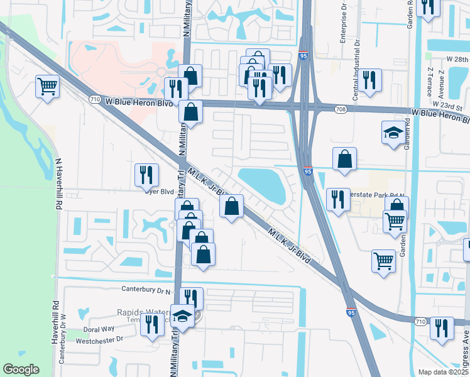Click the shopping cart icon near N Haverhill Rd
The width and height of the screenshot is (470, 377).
pyautogui.click(x=47, y=86)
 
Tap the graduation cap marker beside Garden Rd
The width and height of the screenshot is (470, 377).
pyautogui.click(x=393, y=133)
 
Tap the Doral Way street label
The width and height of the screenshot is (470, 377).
pyautogui.click(x=99, y=329)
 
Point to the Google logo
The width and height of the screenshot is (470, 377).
pyautogui.click(x=21, y=369)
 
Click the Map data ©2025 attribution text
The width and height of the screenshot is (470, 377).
pyautogui.click(x=443, y=372)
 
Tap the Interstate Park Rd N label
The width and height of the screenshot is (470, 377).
pyautogui.click(x=371, y=195)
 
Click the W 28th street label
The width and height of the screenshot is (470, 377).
pyautogui.click(x=457, y=58)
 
